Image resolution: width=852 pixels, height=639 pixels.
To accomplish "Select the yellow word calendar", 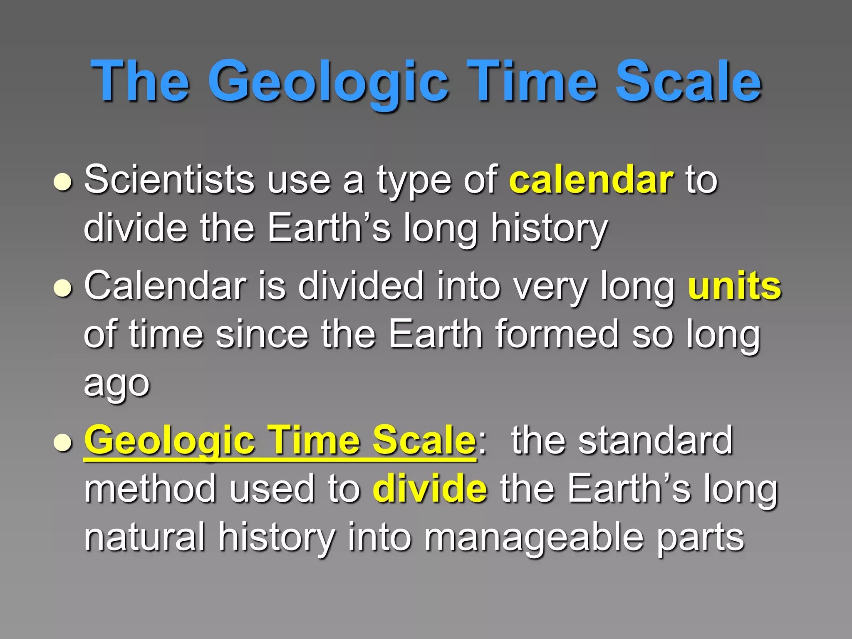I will point(591,180).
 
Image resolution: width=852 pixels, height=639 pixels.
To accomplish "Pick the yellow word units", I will point(735,286).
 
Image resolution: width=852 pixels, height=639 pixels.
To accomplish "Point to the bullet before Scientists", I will point(63,182).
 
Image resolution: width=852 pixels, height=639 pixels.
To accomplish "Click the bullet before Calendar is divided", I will point(63,288).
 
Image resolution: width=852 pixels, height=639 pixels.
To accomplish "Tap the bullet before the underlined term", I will point(63,443).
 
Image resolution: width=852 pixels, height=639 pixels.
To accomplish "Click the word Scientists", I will point(169,180).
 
